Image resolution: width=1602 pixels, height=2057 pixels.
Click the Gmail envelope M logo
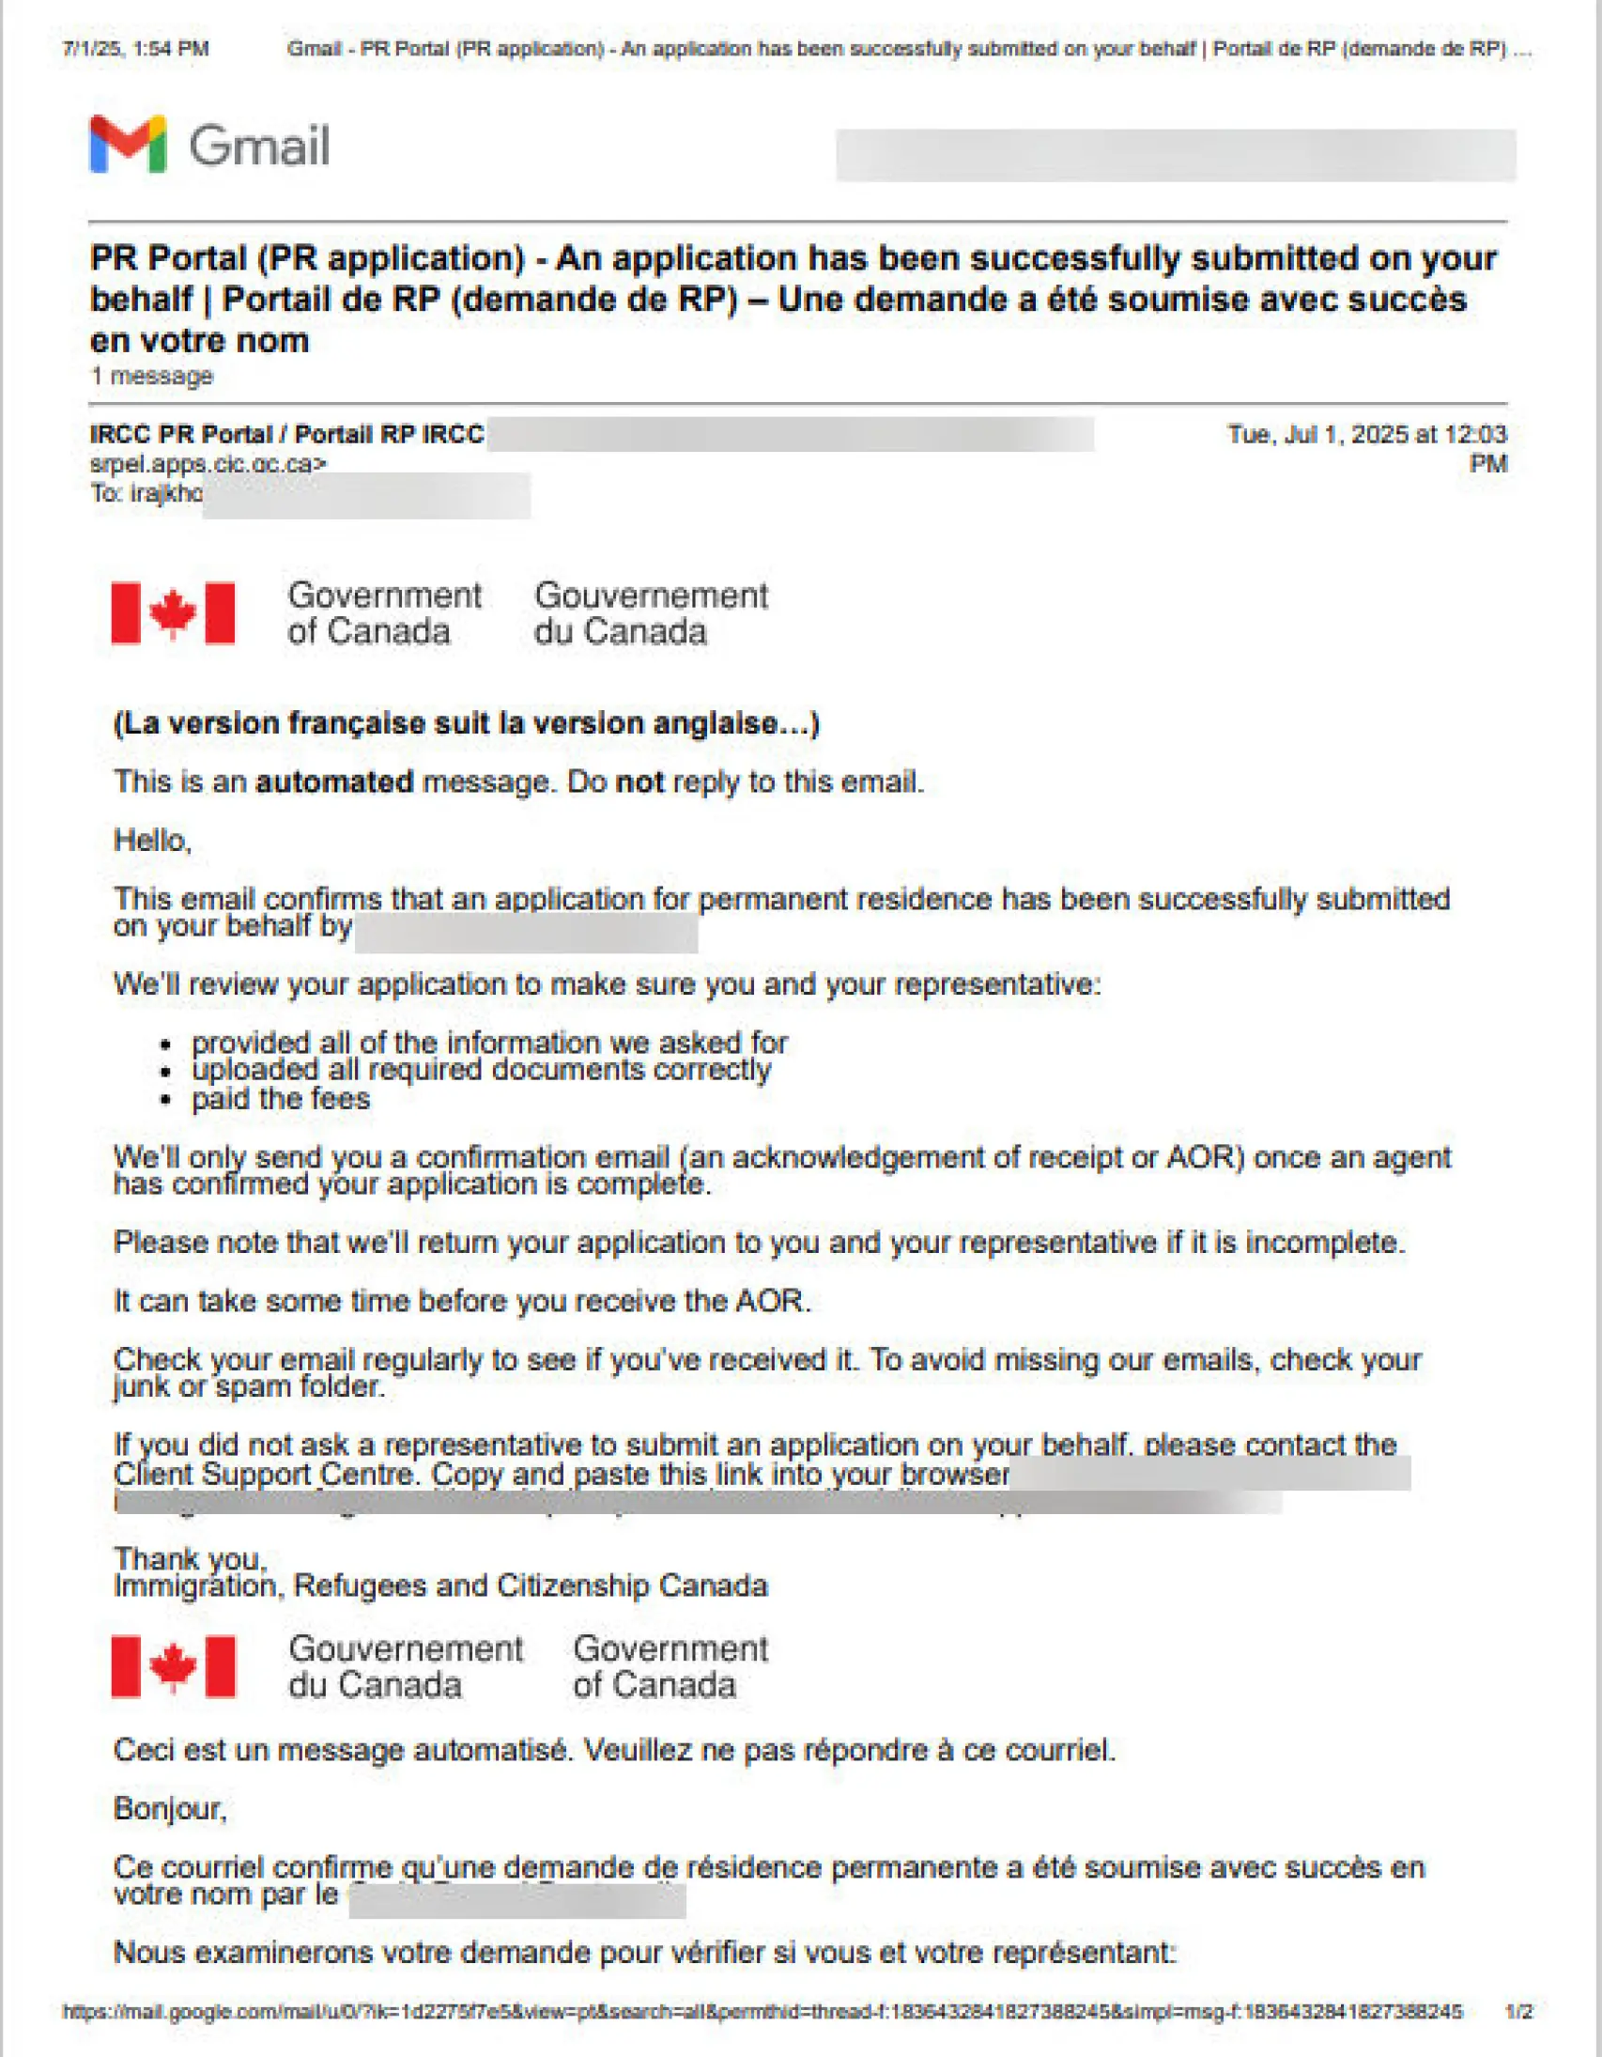tap(128, 144)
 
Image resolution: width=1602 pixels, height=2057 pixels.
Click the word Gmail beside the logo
tap(259, 147)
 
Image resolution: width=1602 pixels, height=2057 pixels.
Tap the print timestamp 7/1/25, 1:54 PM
tap(135, 49)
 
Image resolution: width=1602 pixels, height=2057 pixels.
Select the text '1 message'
tap(151, 376)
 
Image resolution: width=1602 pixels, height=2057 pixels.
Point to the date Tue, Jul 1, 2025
tap(1318, 434)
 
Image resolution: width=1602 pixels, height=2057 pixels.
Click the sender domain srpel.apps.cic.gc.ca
tap(208, 463)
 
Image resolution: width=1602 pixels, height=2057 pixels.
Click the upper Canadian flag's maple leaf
tap(173, 613)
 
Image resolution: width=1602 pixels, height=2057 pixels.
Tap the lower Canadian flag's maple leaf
tap(173, 1666)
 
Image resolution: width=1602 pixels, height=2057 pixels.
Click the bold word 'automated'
tap(334, 781)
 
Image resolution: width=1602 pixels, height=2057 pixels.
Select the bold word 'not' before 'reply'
tap(639, 781)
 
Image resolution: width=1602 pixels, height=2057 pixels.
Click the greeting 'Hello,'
tap(152, 840)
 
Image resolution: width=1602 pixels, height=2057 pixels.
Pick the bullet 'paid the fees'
tap(281, 1099)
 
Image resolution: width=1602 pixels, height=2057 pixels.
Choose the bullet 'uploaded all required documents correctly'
tap(480, 1070)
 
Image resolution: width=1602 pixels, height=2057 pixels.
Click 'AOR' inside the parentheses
tap(1200, 1156)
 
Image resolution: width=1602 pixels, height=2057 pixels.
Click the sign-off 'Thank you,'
tap(191, 1559)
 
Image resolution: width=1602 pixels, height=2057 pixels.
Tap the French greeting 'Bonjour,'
tap(170, 1808)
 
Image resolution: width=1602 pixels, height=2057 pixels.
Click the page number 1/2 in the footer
tap(1518, 2012)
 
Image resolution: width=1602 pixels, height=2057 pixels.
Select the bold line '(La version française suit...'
tap(466, 723)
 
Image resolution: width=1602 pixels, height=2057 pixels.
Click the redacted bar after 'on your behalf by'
tap(526, 933)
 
